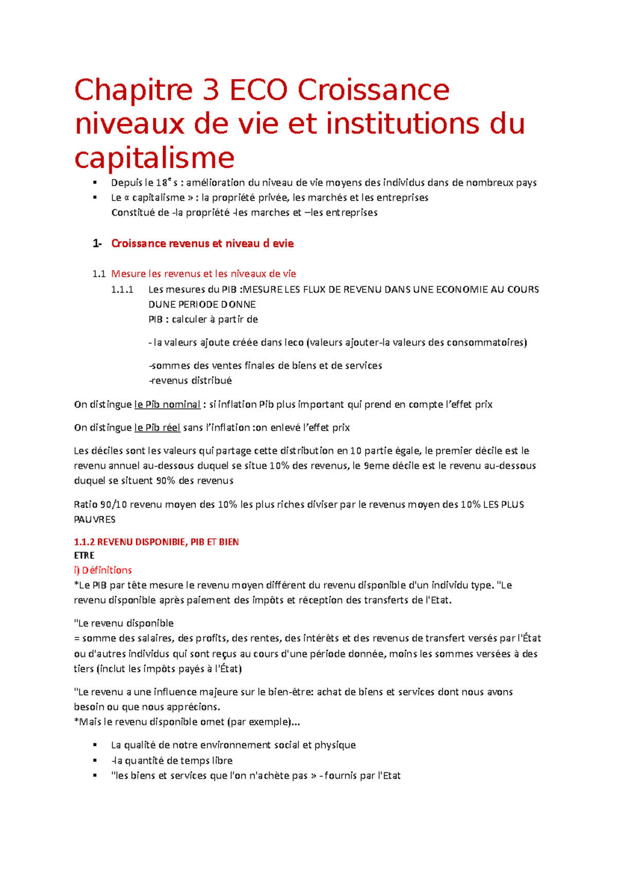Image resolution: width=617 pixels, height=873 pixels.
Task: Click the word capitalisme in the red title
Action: (154, 158)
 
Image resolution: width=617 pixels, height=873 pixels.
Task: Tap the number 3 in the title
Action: (210, 90)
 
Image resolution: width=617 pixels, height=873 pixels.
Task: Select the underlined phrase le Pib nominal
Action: (167, 405)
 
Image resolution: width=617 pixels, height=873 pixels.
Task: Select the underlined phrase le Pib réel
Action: (157, 428)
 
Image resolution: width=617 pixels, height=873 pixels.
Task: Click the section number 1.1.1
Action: (122, 289)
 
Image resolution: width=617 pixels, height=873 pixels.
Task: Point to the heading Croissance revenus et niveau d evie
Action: (202, 244)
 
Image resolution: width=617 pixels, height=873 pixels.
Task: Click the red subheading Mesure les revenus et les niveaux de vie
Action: (204, 274)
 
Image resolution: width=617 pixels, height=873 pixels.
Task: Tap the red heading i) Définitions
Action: (103, 570)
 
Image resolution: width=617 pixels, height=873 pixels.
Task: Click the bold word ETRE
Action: (84, 556)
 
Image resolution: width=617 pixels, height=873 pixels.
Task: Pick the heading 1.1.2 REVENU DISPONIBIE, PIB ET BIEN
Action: (156, 542)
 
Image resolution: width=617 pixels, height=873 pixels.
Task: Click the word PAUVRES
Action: (95, 520)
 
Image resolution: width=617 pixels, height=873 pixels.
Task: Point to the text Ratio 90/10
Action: (100, 505)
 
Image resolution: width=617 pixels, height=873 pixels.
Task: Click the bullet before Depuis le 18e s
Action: (95, 183)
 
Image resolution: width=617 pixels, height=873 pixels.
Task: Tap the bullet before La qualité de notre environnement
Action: (95, 745)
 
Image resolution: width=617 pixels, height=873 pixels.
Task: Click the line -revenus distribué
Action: (190, 381)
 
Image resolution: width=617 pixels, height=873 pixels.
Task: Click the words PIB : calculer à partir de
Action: (203, 320)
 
